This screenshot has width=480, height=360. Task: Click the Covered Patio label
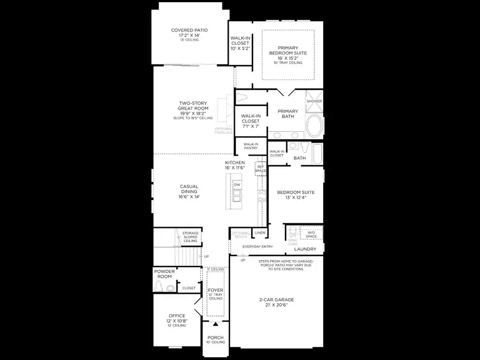tap(189, 30)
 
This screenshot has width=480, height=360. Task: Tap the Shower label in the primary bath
tap(314, 101)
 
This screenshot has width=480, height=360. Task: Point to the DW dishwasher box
tap(237, 185)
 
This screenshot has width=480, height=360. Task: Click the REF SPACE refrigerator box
tap(261, 169)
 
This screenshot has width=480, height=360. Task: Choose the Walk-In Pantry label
tap(251, 146)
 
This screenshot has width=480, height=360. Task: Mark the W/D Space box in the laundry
tap(311, 234)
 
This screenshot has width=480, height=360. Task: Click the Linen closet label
tap(260, 233)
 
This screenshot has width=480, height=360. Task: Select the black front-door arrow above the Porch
tap(215, 323)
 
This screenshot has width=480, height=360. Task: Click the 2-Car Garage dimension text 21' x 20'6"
tap(277, 306)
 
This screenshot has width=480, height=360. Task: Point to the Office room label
tap(177, 316)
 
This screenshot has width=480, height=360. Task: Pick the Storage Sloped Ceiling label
tap(190, 237)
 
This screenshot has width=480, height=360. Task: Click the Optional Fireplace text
tap(224, 131)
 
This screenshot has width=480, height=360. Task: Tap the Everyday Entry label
tap(258, 247)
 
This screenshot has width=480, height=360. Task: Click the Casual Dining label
tap(189, 189)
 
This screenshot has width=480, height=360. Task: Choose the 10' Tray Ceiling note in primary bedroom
tap(288, 63)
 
